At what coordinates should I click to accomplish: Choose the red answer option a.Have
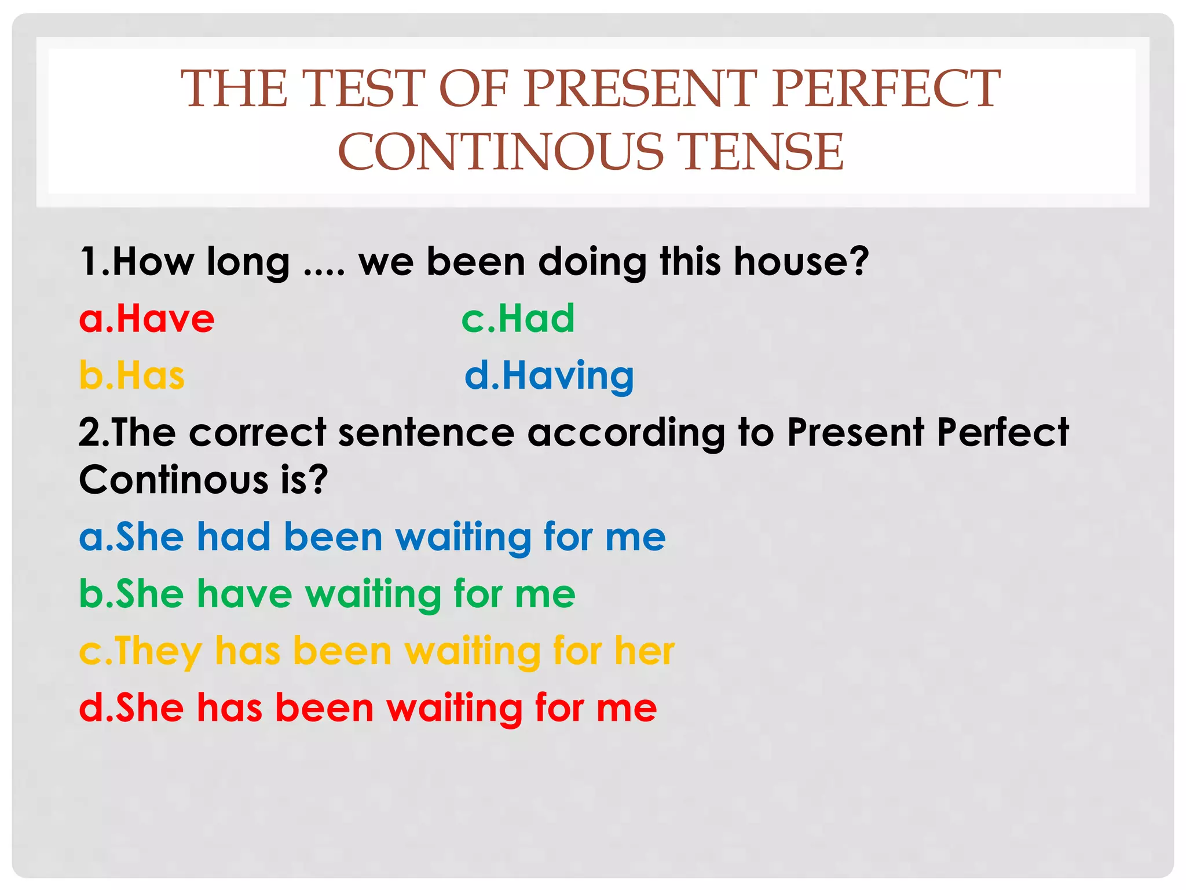(x=147, y=319)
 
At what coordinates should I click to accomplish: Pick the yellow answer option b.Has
(x=131, y=375)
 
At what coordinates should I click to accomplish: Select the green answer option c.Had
(x=518, y=319)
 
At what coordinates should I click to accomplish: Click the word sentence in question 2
(x=426, y=433)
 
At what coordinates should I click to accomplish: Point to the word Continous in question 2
(x=174, y=480)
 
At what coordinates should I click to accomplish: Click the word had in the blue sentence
(x=234, y=537)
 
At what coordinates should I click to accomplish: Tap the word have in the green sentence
(x=244, y=594)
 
